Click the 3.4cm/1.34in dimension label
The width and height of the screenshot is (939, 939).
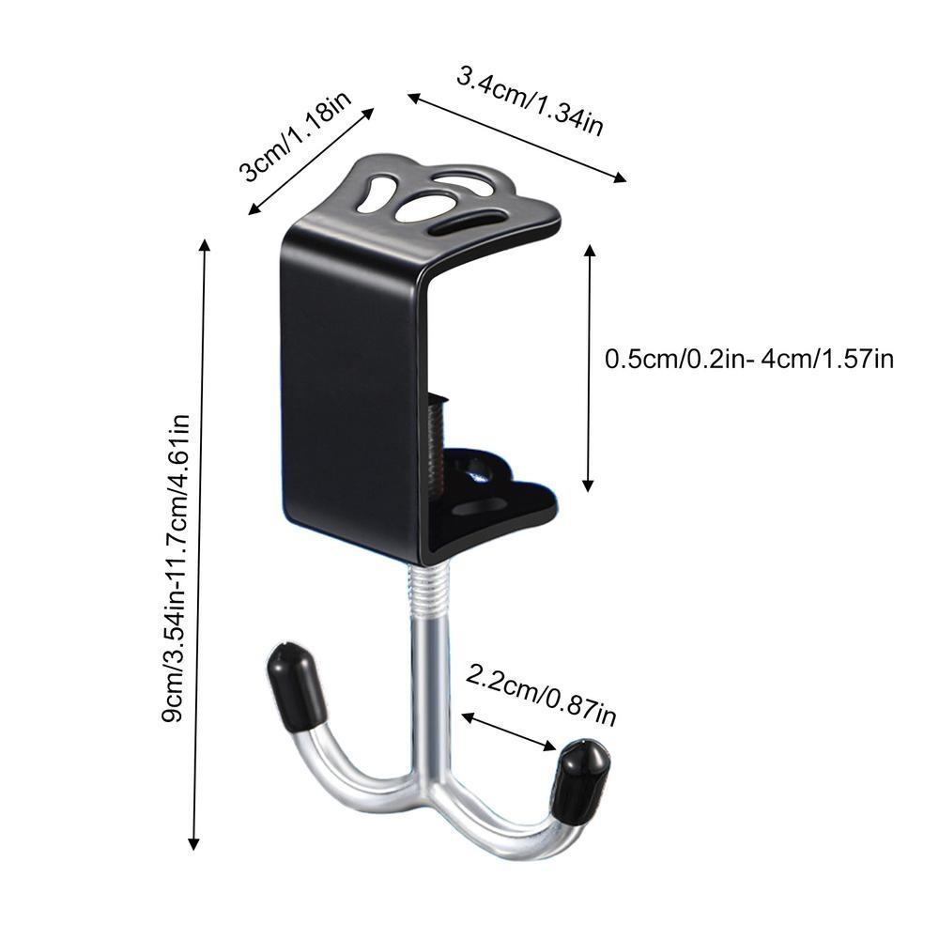click(530, 100)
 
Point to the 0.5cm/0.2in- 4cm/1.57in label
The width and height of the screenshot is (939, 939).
click(748, 359)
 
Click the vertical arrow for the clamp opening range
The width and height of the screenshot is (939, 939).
click(589, 367)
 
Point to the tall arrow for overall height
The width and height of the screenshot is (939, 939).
click(198, 543)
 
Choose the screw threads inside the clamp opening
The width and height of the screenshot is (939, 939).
click(434, 441)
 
